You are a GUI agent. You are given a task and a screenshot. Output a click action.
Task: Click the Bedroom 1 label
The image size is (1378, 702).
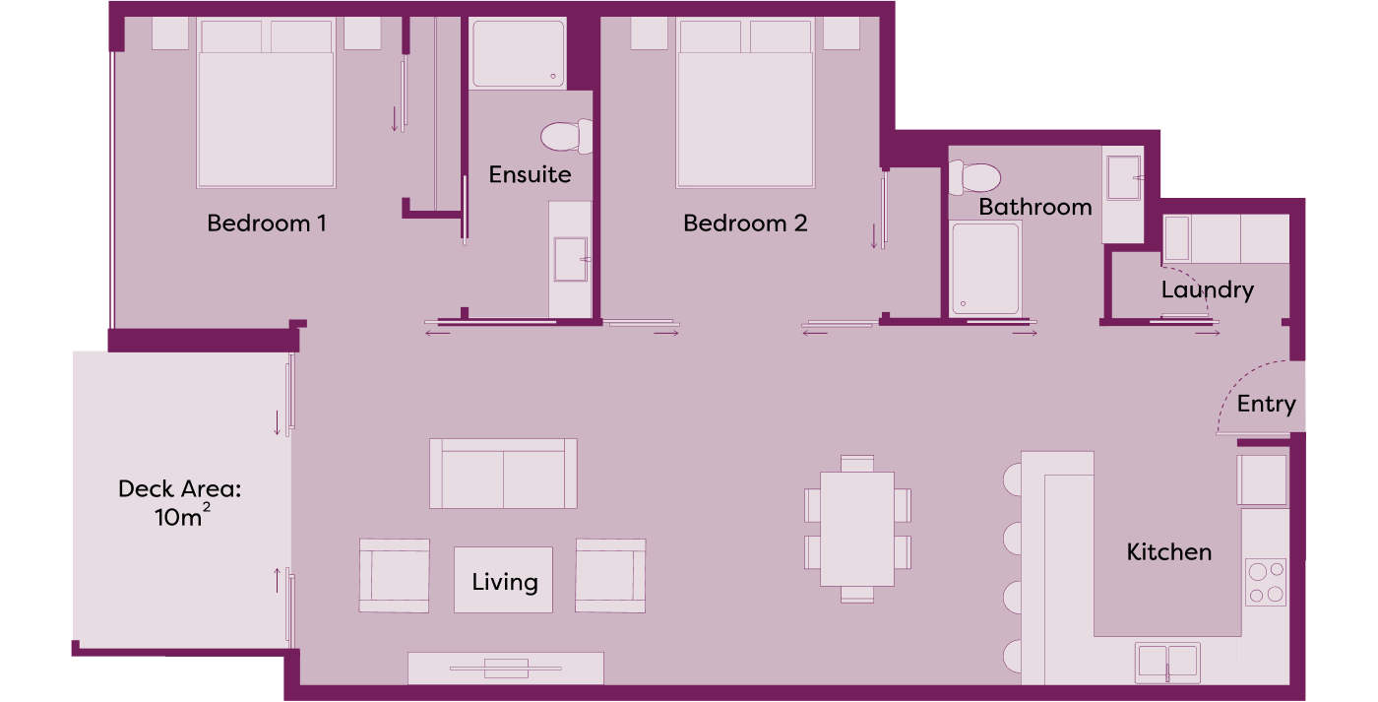pyautogui.click(x=267, y=223)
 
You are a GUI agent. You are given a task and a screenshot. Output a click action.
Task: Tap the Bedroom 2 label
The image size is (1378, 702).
pyautogui.click(x=745, y=223)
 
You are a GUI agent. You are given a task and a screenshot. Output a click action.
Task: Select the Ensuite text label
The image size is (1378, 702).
pyautogui.click(x=530, y=174)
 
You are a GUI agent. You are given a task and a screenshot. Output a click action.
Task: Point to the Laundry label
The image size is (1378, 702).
pyautogui.click(x=1207, y=290)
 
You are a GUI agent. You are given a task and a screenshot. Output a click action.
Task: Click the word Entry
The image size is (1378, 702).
pyautogui.click(x=1266, y=405)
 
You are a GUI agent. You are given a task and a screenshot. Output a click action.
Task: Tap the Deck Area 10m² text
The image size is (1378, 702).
pyautogui.click(x=179, y=503)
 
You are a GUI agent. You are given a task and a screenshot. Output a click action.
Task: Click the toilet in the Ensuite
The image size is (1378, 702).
pyautogui.click(x=567, y=136)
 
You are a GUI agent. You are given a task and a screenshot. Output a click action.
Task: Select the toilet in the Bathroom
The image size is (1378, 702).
pyautogui.click(x=974, y=177)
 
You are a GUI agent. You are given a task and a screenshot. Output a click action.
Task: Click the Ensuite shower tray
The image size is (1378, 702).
pyautogui.click(x=518, y=53)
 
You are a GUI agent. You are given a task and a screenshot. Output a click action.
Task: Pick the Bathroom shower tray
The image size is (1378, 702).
pyautogui.click(x=985, y=269)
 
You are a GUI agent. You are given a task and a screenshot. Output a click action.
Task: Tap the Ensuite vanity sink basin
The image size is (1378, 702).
pyautogui.click(x=571, y=259)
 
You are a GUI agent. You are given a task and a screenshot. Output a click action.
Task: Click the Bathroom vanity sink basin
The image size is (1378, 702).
pyautogui.click(x=1123, y=178)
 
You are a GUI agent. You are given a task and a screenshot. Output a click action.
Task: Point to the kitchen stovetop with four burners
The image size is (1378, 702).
pyautogui.click(x=1266, y=582)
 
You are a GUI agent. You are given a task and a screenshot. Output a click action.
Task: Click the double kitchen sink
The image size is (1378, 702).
pyautogui.click(x=1167, y=663)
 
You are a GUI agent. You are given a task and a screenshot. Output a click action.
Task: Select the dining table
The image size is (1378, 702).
pyautogui.click(x=857, y=529)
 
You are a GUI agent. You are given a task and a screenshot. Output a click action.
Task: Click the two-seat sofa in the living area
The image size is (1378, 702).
pyautogui.click(x=503, y=474)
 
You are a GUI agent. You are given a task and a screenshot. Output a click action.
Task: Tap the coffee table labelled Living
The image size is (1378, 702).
pyautogui.click(x=503, y=580)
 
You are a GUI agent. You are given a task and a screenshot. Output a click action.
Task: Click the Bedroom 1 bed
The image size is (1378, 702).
pyautogui.click(x=267, y=102)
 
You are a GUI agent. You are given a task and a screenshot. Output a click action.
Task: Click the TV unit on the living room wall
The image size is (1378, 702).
pyautogui.click(x=506, y=669)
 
